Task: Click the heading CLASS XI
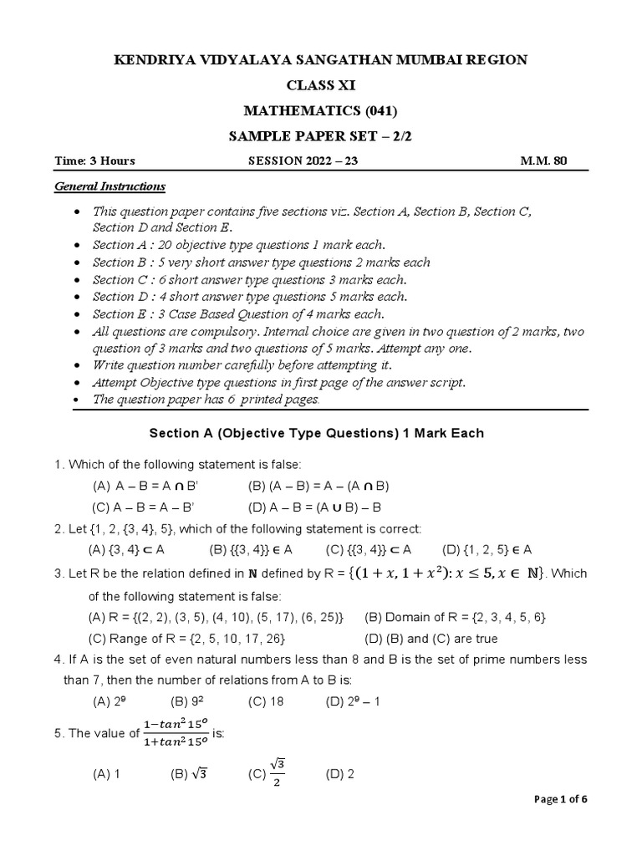point(321,84)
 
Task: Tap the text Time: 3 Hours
point(94,161)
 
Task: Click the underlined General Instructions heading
point(110,186)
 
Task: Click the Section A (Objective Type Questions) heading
point(316,434)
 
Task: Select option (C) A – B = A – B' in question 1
point(143,507)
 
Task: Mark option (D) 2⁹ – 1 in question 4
point(353,702)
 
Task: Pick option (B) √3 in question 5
point(188,774)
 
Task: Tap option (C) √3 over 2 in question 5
point(267,774)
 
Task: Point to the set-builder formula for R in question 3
point(448,573)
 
